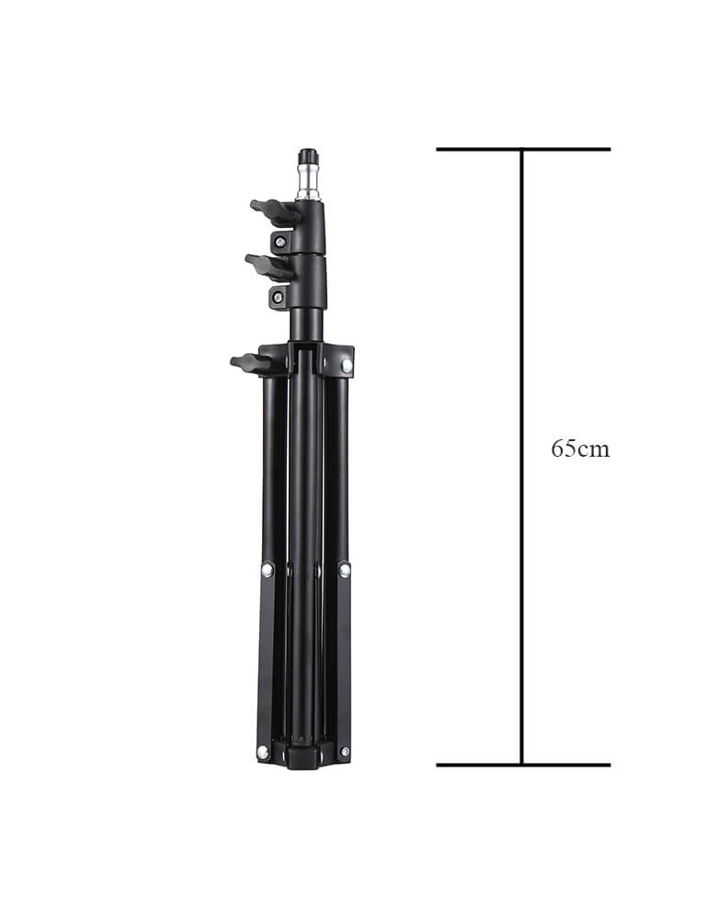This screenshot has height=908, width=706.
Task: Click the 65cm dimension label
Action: click(x=580, y=448)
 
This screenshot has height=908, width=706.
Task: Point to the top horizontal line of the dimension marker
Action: click(x=523, y=150)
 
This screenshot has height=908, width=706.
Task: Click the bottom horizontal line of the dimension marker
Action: click(x=523, y=765)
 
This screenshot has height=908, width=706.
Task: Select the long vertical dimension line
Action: click(x=522, y=457)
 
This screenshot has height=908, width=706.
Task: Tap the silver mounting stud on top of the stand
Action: click(x=309, y=183)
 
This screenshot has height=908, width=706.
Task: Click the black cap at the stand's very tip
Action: click(x=309, y=156)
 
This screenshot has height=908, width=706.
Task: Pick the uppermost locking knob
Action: click(x=275, y=212)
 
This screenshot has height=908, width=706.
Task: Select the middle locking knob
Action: click(x=269, y=267)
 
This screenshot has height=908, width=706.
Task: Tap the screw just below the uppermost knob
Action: click(x=281, y=242)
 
